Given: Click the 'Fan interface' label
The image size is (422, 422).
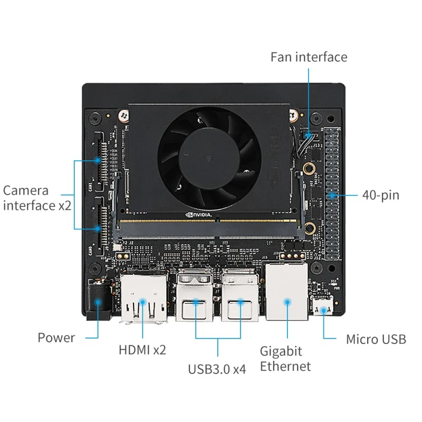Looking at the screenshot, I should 309,57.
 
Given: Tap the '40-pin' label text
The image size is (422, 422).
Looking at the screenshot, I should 380,195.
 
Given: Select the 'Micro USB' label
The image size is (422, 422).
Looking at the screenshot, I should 376,339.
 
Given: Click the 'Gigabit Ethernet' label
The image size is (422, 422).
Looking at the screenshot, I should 285,358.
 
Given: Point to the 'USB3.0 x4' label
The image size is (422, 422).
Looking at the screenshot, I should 217,369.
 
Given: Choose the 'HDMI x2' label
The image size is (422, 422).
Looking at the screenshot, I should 142,349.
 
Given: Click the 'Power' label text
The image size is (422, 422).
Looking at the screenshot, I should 56,338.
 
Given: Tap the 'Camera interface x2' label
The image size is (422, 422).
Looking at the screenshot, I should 36,198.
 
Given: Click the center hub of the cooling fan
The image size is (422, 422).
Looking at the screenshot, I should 208,158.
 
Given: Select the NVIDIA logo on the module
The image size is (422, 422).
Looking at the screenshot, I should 200,215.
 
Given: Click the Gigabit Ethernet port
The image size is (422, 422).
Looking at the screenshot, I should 287,293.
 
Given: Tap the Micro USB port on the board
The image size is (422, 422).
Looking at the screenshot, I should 322,306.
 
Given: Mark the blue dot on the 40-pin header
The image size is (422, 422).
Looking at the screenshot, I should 332,195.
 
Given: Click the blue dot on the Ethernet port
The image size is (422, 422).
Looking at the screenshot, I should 287,302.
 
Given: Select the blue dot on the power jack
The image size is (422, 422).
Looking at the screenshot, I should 98,302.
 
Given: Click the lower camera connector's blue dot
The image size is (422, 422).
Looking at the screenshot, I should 98,228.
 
